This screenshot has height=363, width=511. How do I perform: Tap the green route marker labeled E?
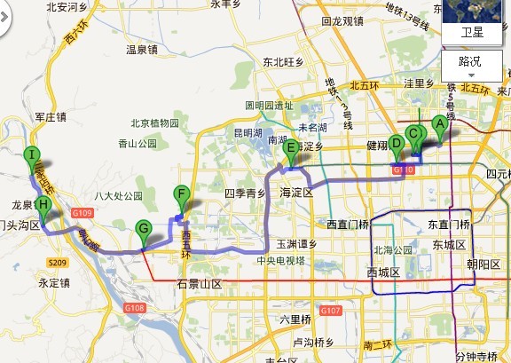click(290, 150)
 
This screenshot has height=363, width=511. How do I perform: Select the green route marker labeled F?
click(181, 195)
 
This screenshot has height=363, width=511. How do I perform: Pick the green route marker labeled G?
click(143, 230)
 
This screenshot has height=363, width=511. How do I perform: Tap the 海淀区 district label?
click(297, 193)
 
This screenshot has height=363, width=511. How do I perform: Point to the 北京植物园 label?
click(155, 123)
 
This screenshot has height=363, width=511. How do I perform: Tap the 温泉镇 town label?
click(142, 51)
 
